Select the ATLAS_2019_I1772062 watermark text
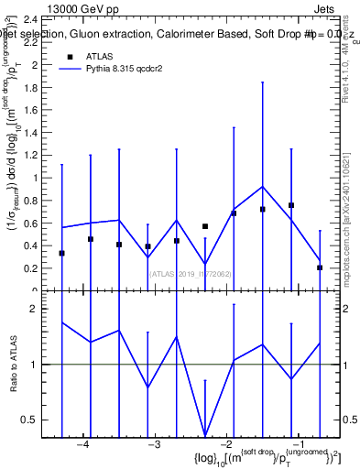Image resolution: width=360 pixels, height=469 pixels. coord(190,273)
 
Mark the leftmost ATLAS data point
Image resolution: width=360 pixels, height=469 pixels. coord(61,253)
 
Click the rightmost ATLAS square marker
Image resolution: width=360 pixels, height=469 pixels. coord(320,267)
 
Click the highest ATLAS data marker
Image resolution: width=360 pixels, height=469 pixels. coord(291,205)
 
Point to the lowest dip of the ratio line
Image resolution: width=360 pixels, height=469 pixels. coord(205,434)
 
